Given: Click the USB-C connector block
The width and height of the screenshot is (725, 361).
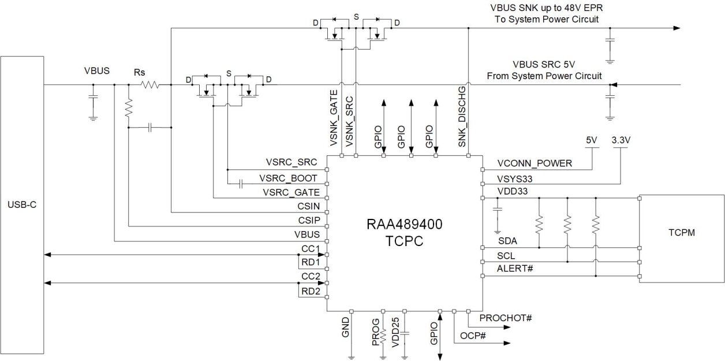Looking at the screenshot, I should (23, 205).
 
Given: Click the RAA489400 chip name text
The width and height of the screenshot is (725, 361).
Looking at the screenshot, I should (404, 226).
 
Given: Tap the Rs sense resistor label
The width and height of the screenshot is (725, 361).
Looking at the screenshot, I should (139, 72).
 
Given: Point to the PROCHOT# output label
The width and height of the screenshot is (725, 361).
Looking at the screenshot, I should (505, 318).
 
